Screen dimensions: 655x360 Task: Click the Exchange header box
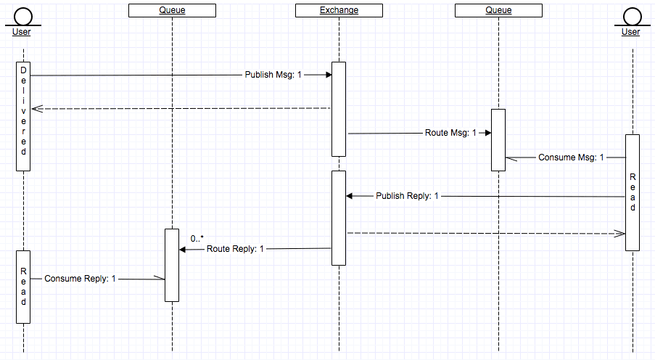click(339, 10)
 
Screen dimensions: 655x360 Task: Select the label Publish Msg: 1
click(273, 75)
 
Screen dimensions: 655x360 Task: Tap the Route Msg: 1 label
click(450, 133)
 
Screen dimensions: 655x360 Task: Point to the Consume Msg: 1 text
click(571, 157)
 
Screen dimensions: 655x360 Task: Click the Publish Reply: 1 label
click(407, 196)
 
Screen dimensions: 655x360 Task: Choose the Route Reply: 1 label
click(235, 249)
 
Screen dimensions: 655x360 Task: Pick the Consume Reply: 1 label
click(80, 279)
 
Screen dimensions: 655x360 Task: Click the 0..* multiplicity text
click(197, 239)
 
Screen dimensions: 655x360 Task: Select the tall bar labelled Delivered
click(23, 117)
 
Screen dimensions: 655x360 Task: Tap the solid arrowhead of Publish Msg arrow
click(329, 75)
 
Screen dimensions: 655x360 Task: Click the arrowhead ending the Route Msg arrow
click(488, 133)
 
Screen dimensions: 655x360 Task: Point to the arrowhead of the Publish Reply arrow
click(349, 196)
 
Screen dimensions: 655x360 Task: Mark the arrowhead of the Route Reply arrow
click(182, 250)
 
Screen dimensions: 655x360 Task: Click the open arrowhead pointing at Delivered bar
click(37, 109)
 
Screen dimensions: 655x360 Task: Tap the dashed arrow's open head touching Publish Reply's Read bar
click(619, 233)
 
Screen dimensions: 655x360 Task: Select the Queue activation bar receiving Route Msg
click(498, 140)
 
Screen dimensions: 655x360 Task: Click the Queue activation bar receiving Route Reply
click(172, 265)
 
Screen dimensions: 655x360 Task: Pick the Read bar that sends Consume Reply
click(23, 287)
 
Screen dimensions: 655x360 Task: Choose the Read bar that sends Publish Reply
click(633, 193)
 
